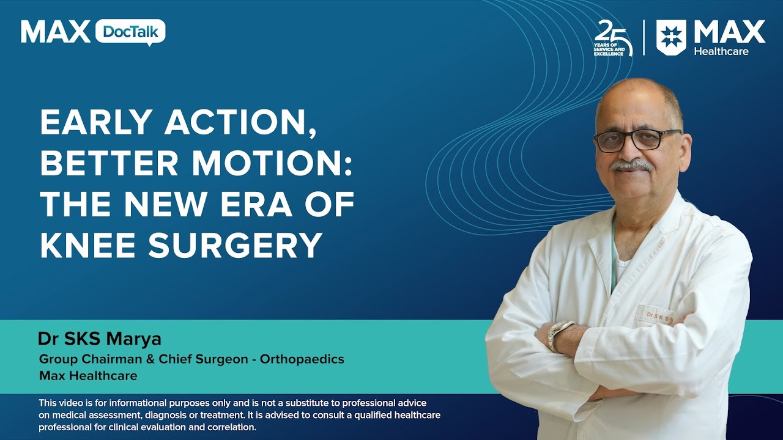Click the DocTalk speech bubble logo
[130, 32]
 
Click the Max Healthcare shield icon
[671, 37]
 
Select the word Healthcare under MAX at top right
[721, 51]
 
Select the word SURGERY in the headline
[236, 246]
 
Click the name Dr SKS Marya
[99, 339]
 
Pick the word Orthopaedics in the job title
[302, 359]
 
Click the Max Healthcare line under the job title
[88, 375]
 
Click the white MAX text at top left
[55, 32]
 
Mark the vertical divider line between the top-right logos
[644, 38]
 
